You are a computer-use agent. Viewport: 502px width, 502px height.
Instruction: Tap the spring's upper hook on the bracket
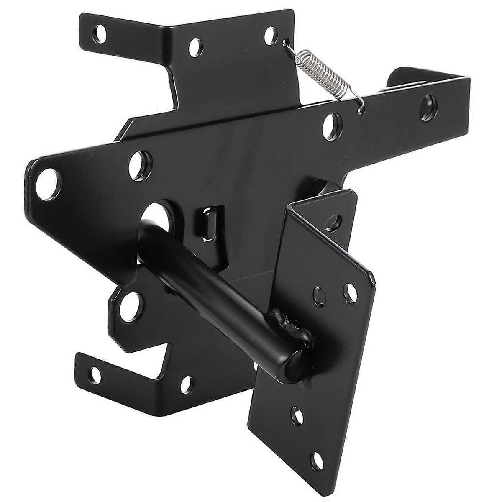click(x=287, y=42)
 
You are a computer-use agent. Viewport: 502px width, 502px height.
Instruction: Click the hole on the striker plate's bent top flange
click(x=334, y=222)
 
